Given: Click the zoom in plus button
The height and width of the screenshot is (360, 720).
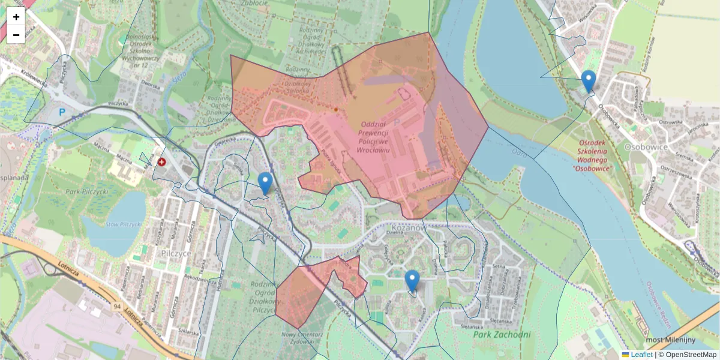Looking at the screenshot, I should click(16, 17).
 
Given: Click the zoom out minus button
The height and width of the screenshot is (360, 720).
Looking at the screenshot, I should click(16, 35).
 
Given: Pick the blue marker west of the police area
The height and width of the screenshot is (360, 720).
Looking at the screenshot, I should click(265, 183).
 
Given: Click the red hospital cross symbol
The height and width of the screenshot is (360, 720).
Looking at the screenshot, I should click(161, 161).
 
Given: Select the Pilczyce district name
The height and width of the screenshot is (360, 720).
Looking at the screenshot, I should click(176, 253).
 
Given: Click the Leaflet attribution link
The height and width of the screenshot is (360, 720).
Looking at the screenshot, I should click(641, 355).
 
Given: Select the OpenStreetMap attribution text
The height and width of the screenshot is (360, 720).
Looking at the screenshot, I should click(691, 355).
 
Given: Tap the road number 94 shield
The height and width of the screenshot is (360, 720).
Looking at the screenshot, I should click(116, 307).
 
